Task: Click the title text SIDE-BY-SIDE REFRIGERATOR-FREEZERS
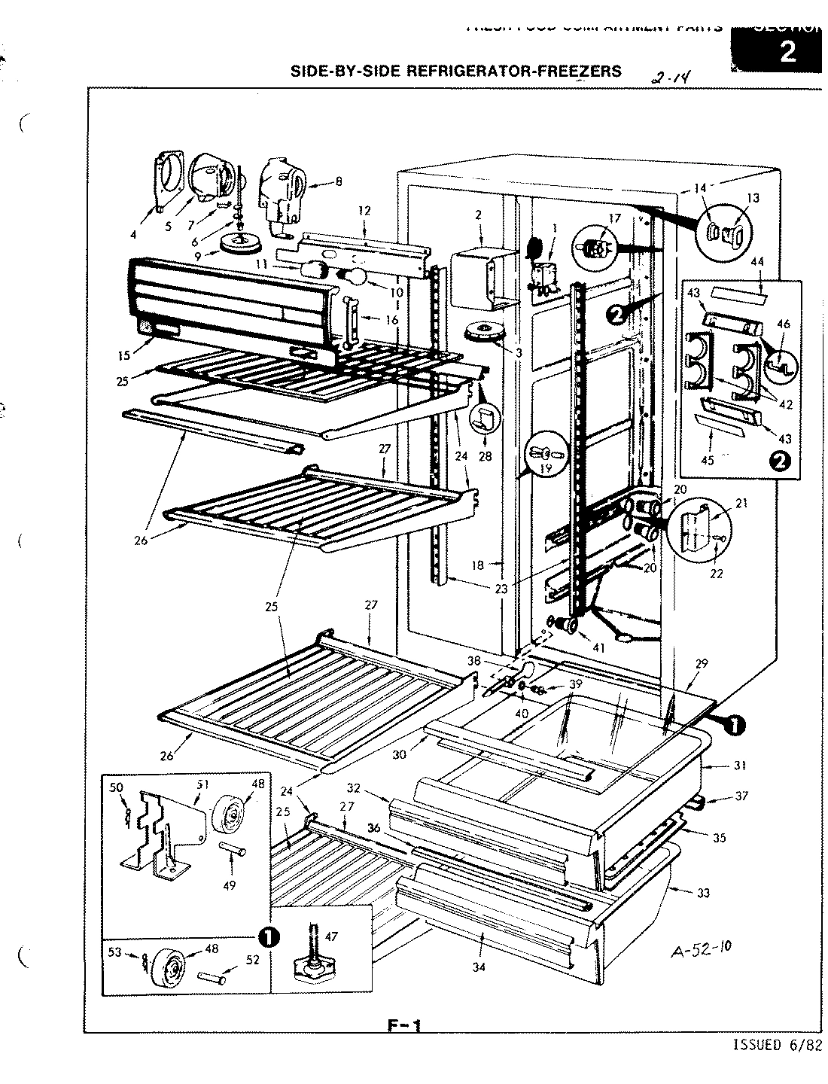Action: click(x=456, y=72)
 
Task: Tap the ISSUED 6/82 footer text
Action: click(x=776, y=1044)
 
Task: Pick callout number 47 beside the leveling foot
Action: click(x=332, y=936)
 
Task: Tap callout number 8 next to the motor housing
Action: click(x=338, y=181)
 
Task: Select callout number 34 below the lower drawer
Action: click(x=478, y=967)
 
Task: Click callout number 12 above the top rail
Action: click(x=364, y=211)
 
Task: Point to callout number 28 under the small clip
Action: click(x=485, y=455)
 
